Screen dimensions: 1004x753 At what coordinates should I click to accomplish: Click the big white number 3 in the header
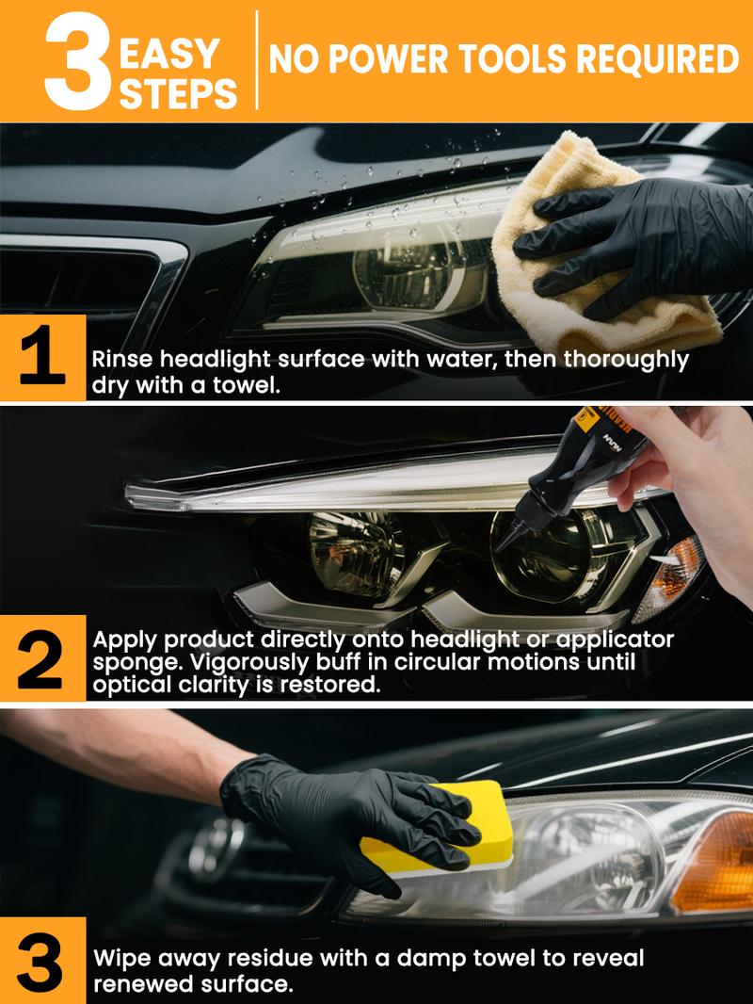point(78,62)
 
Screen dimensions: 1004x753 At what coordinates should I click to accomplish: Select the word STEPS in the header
point(178,91)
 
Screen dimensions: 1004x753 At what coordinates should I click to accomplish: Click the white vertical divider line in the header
point(255,60)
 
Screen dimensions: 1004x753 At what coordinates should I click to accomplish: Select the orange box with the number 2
point(42,657)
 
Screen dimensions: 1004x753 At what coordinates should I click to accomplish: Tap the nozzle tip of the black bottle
point(505,544)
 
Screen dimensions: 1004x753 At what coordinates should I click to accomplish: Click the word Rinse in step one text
point(121,360)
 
